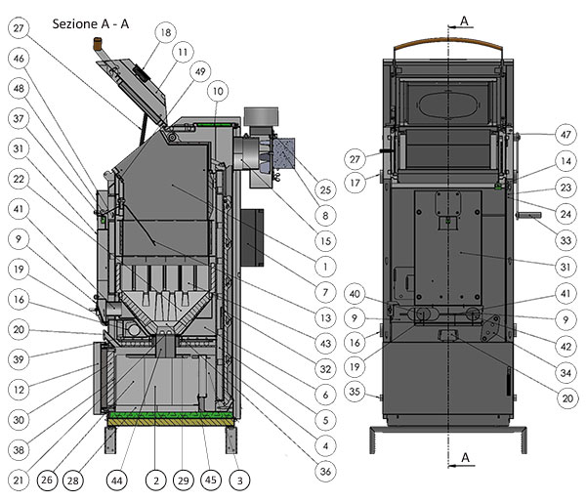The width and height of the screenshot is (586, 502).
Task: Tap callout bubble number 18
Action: click(x=163, y=33)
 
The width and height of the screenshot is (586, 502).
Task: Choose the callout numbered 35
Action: click(x=356, y=392)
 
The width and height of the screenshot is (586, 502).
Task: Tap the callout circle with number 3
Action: click(x=238, y=481)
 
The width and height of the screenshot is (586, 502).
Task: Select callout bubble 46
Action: click(x=19, y=58)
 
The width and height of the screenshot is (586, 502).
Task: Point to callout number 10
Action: click(x=217, y=91)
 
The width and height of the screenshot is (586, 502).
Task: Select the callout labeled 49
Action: click(x=201, y=70)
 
